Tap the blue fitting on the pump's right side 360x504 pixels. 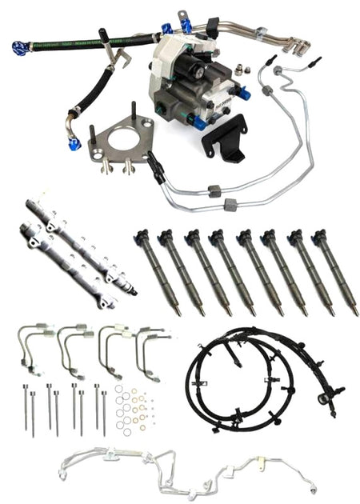[x=244, y=94]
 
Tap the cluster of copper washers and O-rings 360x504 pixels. [x=132, y=408]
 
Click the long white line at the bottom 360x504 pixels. [x=184, y=468]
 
